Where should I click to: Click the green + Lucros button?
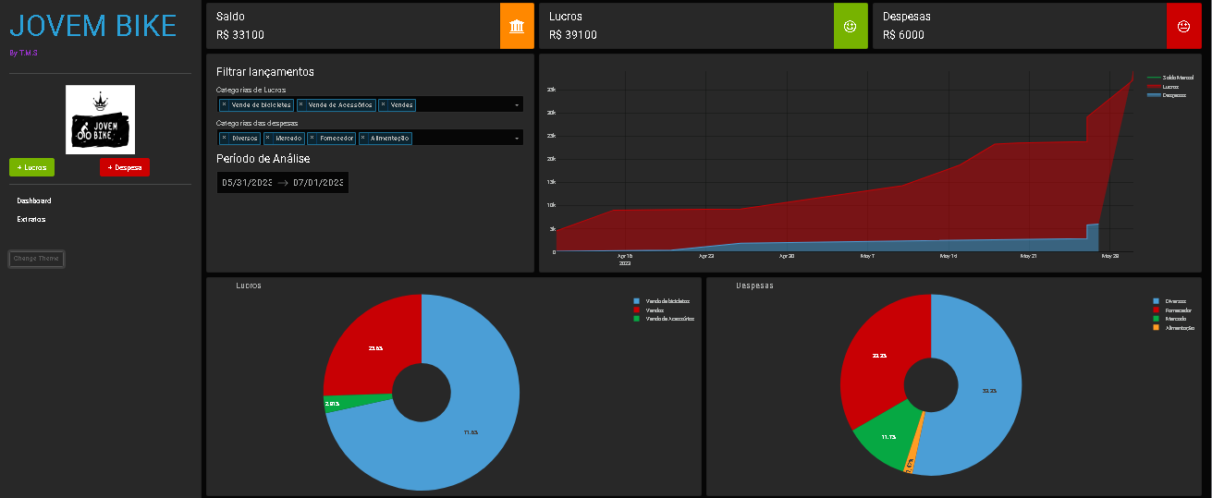coord(31,167)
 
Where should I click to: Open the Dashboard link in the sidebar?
coord(34,200)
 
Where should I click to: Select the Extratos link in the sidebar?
coord(31,219)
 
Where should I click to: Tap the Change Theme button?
coord(37,259)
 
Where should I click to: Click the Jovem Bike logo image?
coord(100,119)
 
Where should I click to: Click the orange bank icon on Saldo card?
coord(517,26)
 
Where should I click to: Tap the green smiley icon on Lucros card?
coord(851,26)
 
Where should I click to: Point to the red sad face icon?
coord(1183,26)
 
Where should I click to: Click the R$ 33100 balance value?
coord(240,35)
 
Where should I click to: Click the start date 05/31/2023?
coord(247,183)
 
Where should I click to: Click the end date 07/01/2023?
coord(318,183)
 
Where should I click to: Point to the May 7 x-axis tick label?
coord(867,256)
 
